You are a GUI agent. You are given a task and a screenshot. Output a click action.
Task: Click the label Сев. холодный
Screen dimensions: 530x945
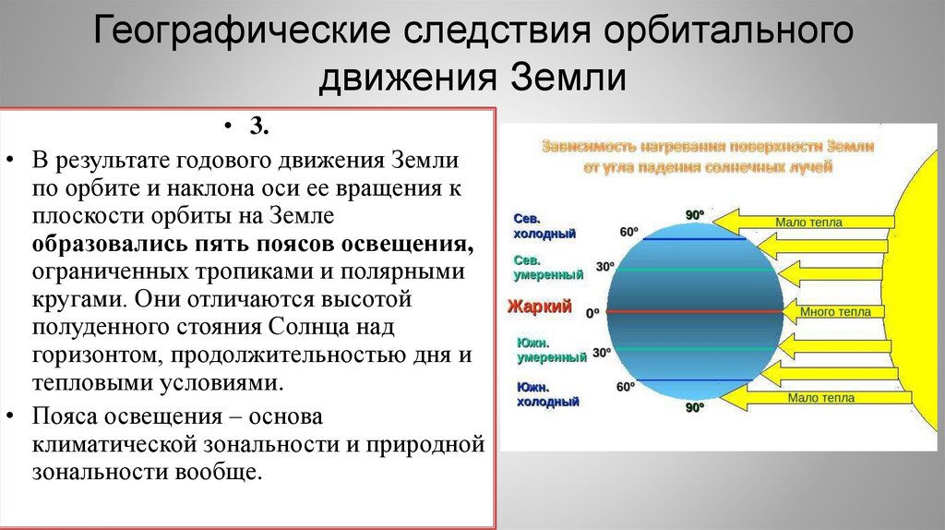(x=544, y=227)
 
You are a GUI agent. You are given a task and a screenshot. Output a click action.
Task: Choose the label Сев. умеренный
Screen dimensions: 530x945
(x=548, y=268)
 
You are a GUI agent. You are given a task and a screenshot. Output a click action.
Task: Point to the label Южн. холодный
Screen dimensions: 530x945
(x=547, y=394)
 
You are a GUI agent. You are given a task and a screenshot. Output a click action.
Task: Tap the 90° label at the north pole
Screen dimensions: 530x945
(x=694, y=214)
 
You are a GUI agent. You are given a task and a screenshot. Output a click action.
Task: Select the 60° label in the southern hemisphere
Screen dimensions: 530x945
(x=625, y=386)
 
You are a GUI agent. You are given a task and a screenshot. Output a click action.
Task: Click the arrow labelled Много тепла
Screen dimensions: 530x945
(x=834, y=313)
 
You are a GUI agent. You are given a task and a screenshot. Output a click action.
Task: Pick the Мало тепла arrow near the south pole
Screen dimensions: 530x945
(x=807, y=398)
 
